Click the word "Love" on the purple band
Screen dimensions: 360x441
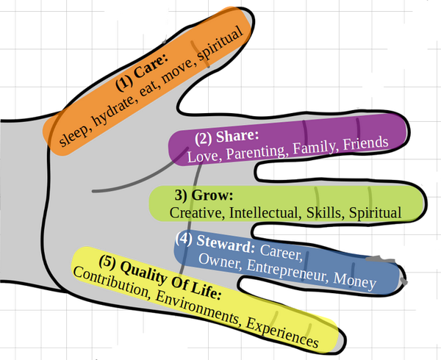201,156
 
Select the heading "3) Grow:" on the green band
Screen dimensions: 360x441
204,195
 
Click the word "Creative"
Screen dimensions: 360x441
196,212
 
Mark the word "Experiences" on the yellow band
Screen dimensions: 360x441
282,334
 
